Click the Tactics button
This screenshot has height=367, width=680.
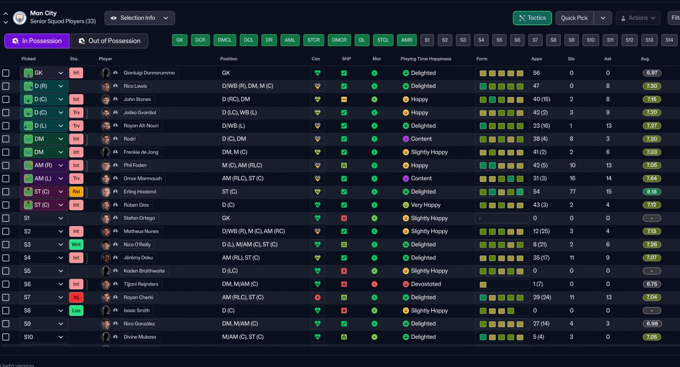[532, 18]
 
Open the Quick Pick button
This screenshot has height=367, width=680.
[575, 18]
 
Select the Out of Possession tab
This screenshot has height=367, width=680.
[109, 41]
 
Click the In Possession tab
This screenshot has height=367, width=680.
[37, 41]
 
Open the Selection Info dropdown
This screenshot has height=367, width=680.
[139, 18]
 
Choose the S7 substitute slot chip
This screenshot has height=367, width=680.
[535, 40]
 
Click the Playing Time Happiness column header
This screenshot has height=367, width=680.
[426, 59]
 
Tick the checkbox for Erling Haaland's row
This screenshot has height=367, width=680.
[6, 191]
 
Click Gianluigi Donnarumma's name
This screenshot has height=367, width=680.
[149, 73]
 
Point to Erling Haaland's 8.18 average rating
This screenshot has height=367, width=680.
[651, 191]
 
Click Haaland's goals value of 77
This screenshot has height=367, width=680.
[572, 191]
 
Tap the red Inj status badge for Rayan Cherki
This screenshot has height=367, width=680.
[76, 297]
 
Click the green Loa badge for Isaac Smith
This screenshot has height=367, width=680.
[76, 311]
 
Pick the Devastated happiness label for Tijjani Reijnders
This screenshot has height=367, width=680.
[426, 284]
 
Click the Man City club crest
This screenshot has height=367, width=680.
[20, 18]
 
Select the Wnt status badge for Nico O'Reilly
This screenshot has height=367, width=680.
[76, 245]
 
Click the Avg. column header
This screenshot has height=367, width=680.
[645, 59]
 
